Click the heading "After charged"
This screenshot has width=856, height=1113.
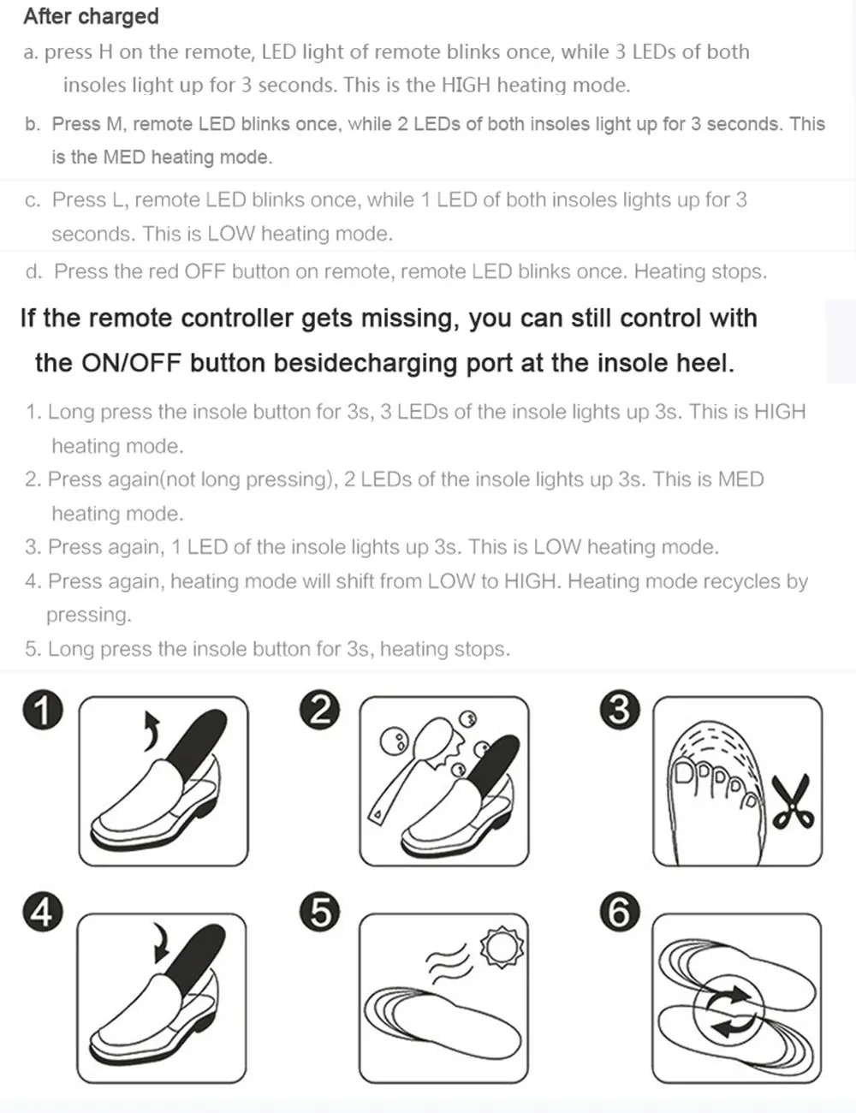click(x=91, y=16)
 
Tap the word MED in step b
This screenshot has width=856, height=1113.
click(x=123, y=158)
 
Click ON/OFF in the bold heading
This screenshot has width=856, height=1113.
click(x=131, y=363)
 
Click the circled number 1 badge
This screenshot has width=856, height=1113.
click(x=42, y=711)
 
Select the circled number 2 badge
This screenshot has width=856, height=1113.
click(x=320, y=711)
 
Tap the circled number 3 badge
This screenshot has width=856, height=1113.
click(x=620, y=711)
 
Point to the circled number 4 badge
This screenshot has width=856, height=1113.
click(x=42, y=913)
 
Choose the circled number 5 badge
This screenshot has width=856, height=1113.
click(x=320, y=913)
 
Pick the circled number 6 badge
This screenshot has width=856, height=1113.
click(x=620, y=913)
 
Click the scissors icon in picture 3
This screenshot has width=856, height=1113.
click(x=794, y=803)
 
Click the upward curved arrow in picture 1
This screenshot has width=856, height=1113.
click(x=152, y=730)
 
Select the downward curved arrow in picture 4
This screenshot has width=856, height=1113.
click(x=159, y=943)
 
